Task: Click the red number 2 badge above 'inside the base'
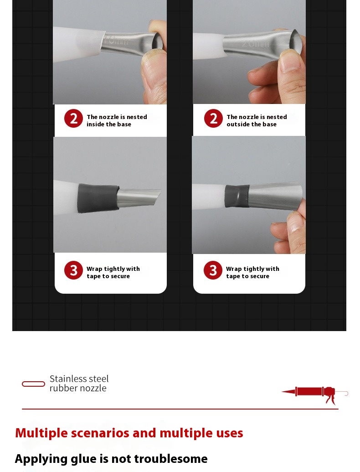tap(73, 118)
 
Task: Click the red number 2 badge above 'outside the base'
tap(213, 118)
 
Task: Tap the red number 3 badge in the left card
tap(73, 270)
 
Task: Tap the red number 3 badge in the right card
tap(213, 270)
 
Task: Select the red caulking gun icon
tap(314, 394)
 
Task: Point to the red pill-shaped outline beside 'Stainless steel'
tap(33, 384)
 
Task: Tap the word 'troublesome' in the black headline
tap(171, 459)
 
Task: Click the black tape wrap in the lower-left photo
tap(98, 198)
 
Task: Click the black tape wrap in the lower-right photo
tap(237, 196)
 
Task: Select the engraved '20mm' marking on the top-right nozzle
tap(255, 44)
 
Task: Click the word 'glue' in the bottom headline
tap(83, 459)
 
